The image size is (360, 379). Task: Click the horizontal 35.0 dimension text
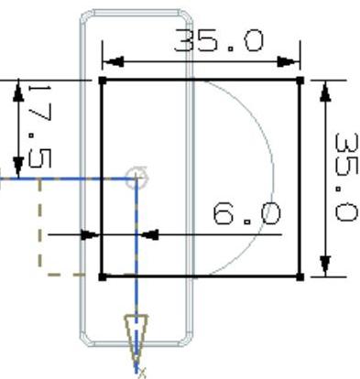(x=218, y=39)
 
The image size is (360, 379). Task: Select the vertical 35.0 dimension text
(x=346, y=177)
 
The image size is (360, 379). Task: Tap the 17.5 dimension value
(x=39, y=126)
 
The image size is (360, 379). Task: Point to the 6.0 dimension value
(x=246, y=214)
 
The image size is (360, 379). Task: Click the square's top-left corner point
(x=103, y=81)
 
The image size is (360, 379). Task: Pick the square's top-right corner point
(x=300, y=81)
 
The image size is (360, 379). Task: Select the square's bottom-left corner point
(x=103, y=277)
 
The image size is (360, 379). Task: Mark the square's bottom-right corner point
(x=300, y=277)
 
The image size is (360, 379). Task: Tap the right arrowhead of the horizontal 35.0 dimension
(x=289, y=61)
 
